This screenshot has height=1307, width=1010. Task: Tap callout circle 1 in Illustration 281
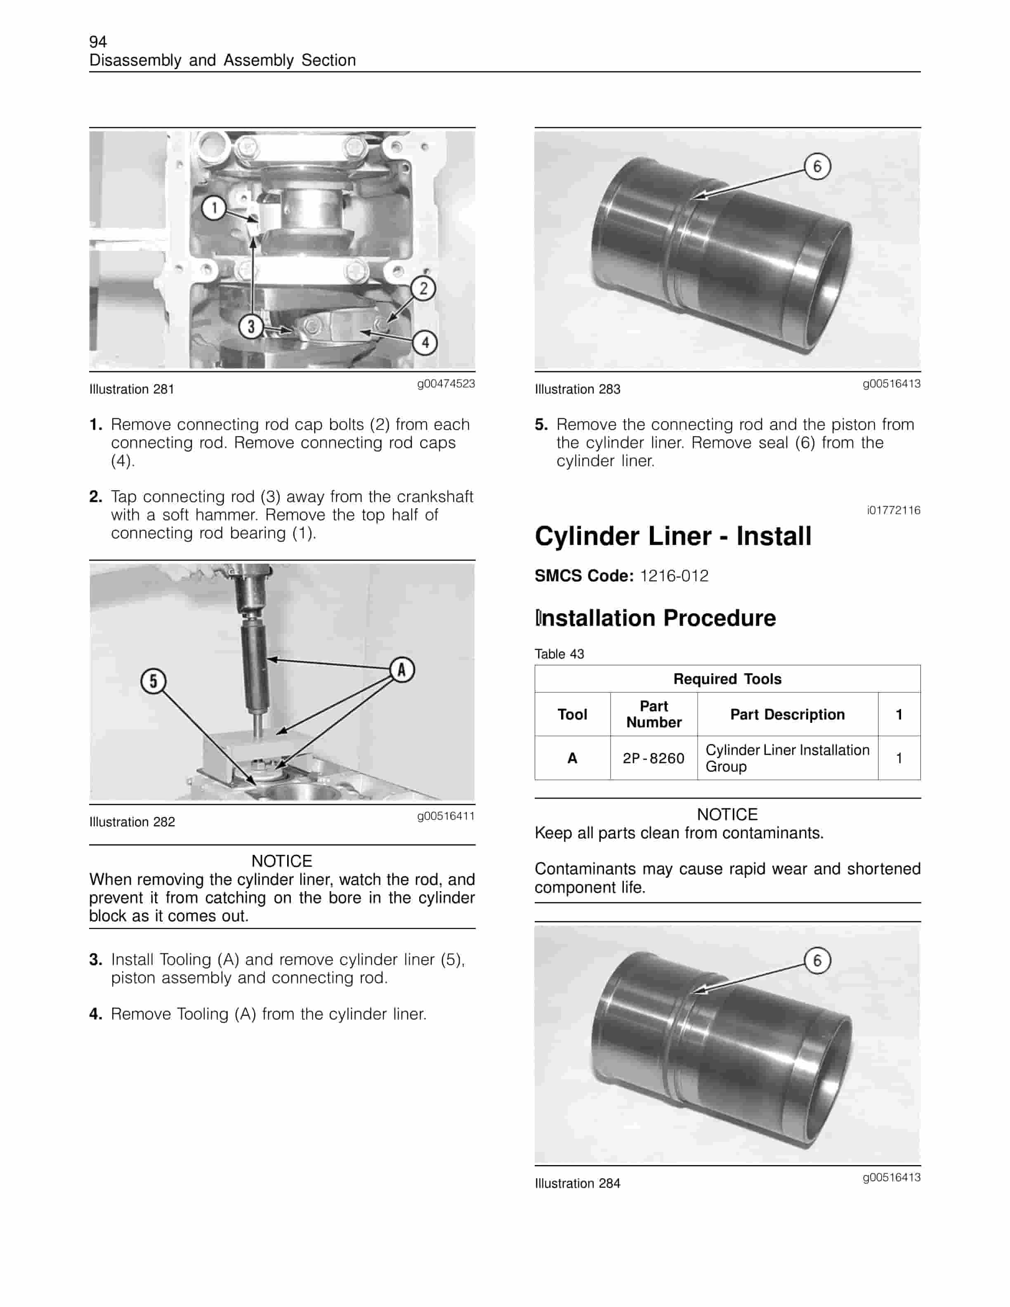(214, 208)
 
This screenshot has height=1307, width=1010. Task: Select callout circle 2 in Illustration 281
(423, 288)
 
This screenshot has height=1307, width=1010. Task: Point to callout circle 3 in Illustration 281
(251, 327)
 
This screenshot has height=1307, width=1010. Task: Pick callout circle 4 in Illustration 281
(425, 343)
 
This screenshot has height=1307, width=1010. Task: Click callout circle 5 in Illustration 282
(153, 681)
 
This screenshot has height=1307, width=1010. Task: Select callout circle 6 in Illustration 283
(817, 166)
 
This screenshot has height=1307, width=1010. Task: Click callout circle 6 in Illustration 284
(817, 960)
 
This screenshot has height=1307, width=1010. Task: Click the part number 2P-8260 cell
(654, 758)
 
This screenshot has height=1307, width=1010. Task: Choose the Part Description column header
(788, 715)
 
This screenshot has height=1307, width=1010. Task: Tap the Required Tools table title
(727, 679)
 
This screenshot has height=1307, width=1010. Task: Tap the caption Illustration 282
(132, 822)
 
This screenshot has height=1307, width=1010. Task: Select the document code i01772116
(893, 510)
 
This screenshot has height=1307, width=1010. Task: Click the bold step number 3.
(95, 960)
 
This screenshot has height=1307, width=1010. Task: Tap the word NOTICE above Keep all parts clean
(727, 814)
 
